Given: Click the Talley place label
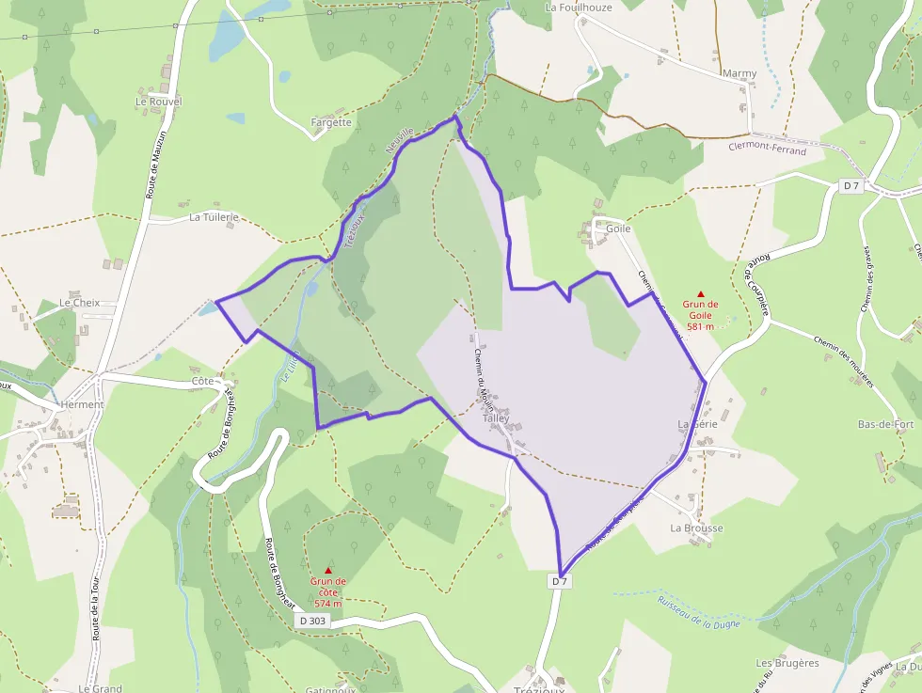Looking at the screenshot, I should (496, 418).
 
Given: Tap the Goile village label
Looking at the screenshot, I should (618, 228).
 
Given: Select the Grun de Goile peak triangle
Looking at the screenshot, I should (700, 294).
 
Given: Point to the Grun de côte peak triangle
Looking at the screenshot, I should (328, 570).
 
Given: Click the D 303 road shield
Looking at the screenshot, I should (312, 621).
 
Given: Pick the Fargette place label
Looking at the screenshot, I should (331, 122).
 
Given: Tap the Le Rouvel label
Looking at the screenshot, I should (158, 102).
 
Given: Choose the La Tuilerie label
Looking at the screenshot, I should (214, 216).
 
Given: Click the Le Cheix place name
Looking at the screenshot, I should (79, 303).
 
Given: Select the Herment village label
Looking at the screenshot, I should (81, 404).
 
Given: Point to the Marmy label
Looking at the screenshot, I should (739, 73).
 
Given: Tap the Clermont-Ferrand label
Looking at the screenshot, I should (767, 150).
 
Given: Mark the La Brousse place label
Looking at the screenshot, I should (696, 528).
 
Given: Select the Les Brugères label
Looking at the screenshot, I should (787, 663).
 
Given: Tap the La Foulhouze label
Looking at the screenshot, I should (579, 8).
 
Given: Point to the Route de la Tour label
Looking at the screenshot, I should (95, 610).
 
